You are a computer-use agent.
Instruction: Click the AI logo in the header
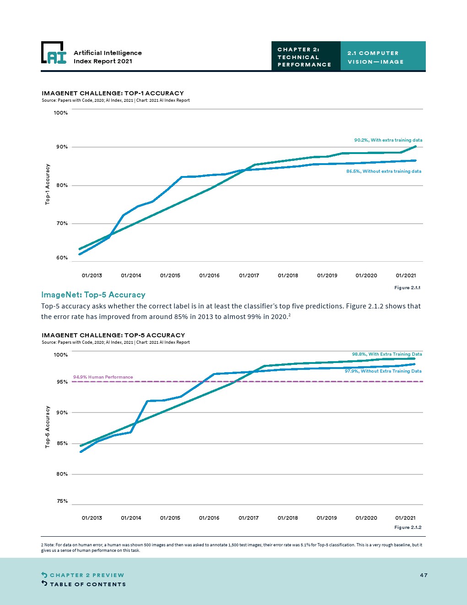click(x=54, y=53)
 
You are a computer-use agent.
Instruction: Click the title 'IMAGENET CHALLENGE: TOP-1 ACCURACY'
click(x=113, y=93)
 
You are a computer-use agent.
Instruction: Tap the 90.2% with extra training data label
click(x=388, y=140)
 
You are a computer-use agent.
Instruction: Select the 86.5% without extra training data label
click(x=384, y=171)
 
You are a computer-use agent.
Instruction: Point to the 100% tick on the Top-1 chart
click(x=61, y=113)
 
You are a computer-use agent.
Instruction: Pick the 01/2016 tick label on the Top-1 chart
click(x=209, y=275)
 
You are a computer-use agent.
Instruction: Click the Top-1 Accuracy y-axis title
click(x=48, y=184)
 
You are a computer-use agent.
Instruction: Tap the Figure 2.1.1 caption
click(x=407, y=288)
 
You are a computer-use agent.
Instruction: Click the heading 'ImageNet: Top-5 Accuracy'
click(x=93, y=295)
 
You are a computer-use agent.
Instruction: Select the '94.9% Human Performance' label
click(x=103, y=377)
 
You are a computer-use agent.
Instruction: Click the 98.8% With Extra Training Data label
click(x=387, y=354)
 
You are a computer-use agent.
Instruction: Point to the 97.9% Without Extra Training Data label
click(x=383, y=371)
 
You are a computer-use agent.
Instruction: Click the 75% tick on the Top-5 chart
click(x=62, y=501)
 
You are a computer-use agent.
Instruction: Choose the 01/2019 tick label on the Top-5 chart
click(x=327, y=518)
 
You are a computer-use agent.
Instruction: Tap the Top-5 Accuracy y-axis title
click(x=48, y=427)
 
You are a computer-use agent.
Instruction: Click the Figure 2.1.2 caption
click(x=408, y=528)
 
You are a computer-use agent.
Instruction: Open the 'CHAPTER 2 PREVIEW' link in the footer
click(x=87, y=575)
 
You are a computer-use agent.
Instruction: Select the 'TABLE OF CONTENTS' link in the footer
click(x=87, y=584)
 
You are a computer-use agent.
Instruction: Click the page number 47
click(x=424, y=575)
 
